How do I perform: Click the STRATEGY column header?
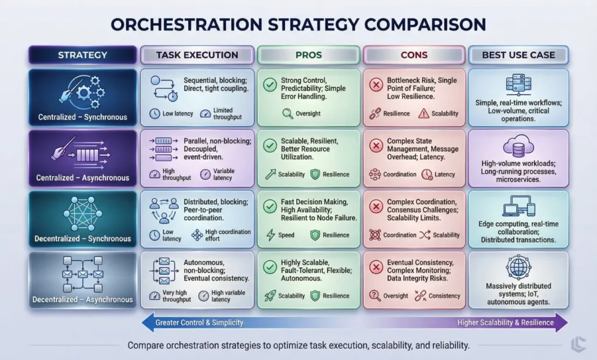point(82,55)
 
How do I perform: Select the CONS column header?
point(414,55)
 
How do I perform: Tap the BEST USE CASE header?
point(518,55)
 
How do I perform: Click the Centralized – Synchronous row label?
point(82,117)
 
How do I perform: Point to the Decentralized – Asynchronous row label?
point(82,299)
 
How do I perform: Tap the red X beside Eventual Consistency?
point(375,268)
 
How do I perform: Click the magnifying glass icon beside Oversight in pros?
point(287,113)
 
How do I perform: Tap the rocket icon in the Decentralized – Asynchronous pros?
point(269,296)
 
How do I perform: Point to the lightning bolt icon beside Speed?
point(270,235)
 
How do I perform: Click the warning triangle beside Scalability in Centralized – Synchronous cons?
point(424,113)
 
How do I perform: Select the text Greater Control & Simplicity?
point(199,323)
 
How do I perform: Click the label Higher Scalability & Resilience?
point(505,323)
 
